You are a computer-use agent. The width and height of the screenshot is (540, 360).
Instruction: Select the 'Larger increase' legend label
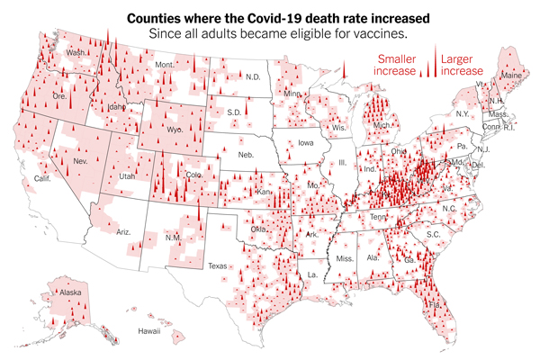[460, 64]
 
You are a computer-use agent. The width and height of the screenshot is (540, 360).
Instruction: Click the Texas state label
[219, 265]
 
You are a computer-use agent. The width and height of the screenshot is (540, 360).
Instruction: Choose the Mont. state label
[165, 65]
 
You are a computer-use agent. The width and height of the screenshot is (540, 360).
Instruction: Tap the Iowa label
[307, 142]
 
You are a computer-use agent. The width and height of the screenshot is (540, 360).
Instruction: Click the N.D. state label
[253, 77]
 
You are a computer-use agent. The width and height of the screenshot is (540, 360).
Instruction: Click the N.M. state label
[172, 238]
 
